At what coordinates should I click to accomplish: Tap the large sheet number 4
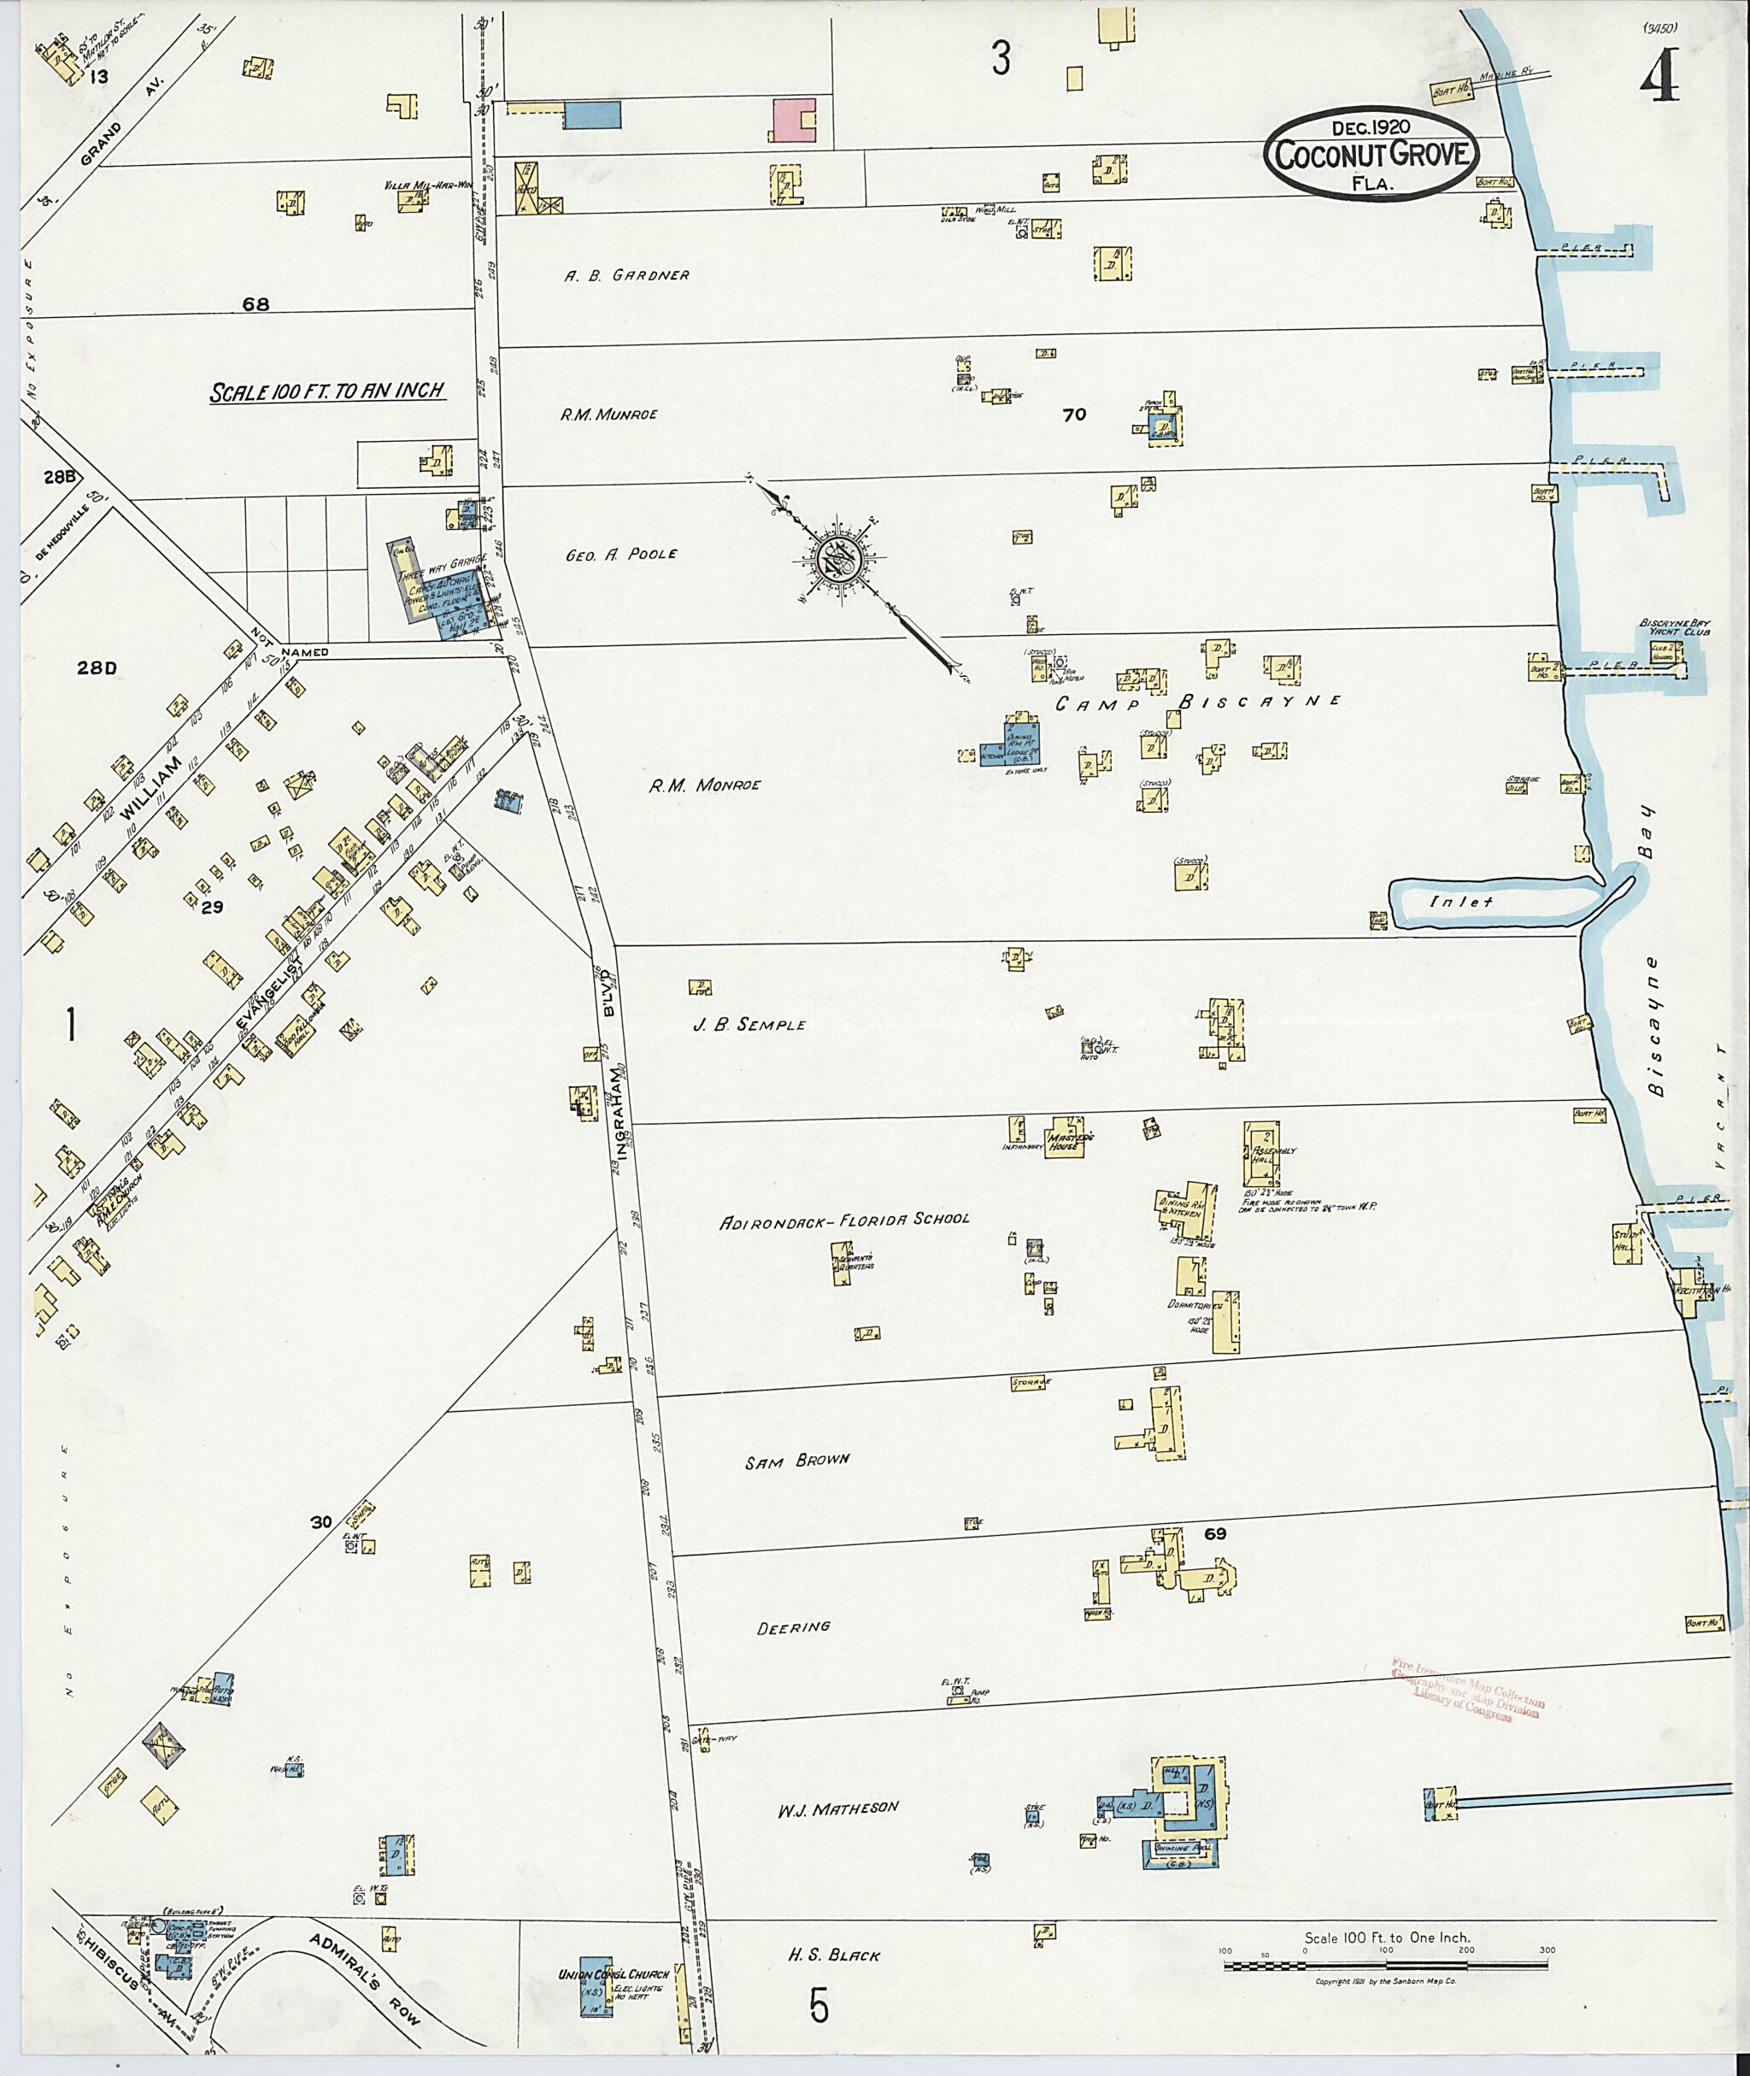1659,75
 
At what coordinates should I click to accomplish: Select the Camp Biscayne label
1197,703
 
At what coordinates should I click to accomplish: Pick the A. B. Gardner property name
627,275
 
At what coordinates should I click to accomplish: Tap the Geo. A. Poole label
621,555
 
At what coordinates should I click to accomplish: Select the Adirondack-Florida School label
844,1219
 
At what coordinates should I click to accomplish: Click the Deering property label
794,1627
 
